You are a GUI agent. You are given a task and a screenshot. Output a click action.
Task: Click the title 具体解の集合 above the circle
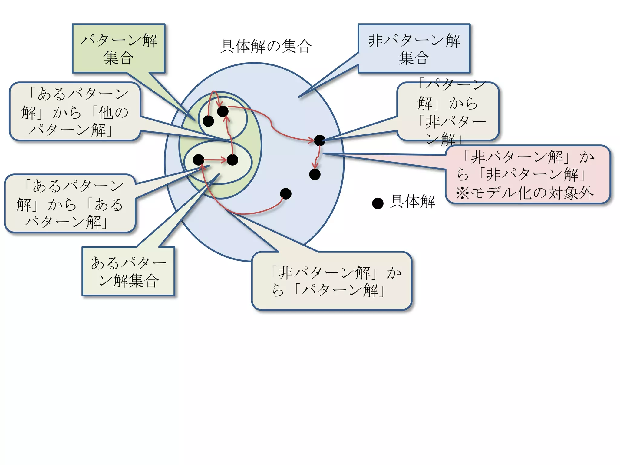(x=265, y=46)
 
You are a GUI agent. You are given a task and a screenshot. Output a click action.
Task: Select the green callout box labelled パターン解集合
(x=118, y=48)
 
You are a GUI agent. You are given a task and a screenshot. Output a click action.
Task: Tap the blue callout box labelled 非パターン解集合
(x=414, y=48)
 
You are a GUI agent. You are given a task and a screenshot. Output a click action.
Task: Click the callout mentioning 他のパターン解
(x=75, y=112)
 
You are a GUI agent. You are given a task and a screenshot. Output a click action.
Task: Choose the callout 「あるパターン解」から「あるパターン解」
(x=70, y=203)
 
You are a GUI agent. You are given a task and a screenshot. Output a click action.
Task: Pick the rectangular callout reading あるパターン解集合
(x=128, y=271)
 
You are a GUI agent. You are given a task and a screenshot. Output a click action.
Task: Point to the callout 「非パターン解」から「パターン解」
(x=331, y=281)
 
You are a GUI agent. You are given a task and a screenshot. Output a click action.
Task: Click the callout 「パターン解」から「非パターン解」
(x=448, y=112)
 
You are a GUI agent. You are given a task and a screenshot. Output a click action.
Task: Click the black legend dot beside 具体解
(x=378, y=203)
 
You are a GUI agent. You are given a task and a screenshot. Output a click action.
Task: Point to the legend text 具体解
(x=412, y=201)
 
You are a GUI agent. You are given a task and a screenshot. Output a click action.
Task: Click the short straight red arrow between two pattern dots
(x=215, y=160)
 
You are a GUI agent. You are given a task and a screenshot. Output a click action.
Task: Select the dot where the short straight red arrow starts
(x=199, y=160)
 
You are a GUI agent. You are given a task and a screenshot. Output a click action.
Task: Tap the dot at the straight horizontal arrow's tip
(x=232, y=160)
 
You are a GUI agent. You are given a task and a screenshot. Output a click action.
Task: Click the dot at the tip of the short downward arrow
(x=315, y=174)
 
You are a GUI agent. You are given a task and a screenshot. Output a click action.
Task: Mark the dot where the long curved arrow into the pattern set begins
(x=286, y=194)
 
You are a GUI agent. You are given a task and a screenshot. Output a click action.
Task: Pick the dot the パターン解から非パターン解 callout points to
(x=319, y=140)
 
